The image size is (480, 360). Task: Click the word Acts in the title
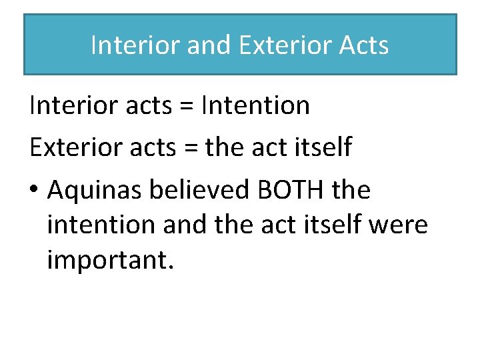[x=363, y=45]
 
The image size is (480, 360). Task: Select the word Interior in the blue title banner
[x=135, y=45]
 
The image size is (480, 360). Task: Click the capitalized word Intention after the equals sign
[x=255, y=105]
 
